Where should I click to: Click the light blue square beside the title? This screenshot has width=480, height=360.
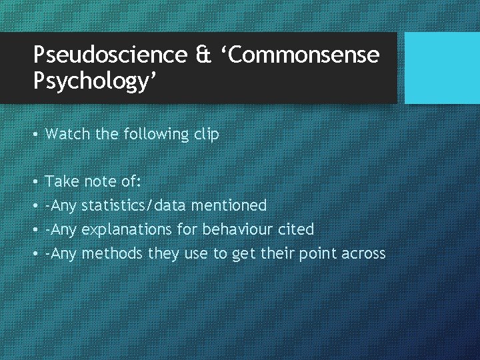(442, 68)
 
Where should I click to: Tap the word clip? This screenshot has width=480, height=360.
(206, 134)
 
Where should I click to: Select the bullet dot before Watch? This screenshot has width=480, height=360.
(35, 135)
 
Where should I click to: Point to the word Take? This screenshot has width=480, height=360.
(61, 181)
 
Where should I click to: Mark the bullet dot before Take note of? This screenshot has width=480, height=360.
(35, 182)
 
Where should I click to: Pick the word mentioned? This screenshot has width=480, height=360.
(233, 205)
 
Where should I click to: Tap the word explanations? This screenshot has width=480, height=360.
(127, 229)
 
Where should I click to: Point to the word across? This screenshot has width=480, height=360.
(363, 253)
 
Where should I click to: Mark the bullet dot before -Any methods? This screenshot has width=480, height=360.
(35, 254)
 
